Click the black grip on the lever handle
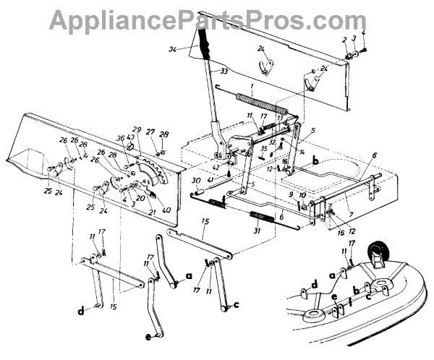[205, 46]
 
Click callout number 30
[195, 180]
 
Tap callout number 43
[131, 138]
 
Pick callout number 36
[121, 138]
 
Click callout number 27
[150, 132]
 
